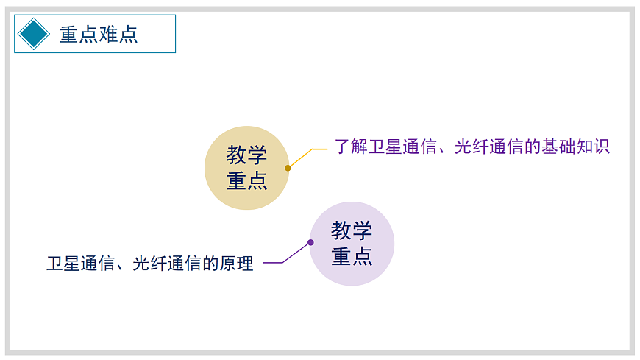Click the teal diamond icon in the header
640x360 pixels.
pos(34,34)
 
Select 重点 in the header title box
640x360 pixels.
pos(79,34)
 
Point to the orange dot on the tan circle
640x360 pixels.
pos(288,168)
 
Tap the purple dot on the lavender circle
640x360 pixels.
pos(310,242)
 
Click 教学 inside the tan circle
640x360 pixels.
pos(246,155)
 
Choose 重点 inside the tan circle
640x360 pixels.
pos(246,180)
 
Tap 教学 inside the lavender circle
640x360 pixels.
pos(352,230)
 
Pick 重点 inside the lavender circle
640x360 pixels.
pos(352,255)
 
